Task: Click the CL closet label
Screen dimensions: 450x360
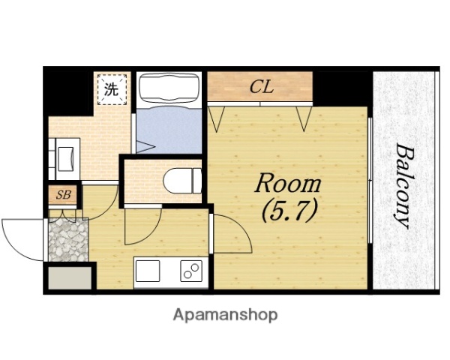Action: pos(262,86)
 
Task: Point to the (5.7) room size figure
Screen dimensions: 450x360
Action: pos(289,211)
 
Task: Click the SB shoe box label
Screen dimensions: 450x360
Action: pos(64,195)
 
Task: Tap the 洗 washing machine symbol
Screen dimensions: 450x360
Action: pos(112,89)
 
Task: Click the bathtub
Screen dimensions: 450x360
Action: pos(169,90)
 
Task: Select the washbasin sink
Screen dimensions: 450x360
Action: pos(66,159)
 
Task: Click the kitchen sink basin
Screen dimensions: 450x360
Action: pos(148,271)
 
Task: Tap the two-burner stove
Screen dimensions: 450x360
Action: pos(191,271)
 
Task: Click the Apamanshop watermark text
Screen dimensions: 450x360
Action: pos(225,315)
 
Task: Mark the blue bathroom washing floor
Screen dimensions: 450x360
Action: pos(169,130)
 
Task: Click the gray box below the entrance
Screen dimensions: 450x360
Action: pos(70,278)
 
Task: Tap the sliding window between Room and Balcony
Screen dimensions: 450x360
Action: pos(370,180)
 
